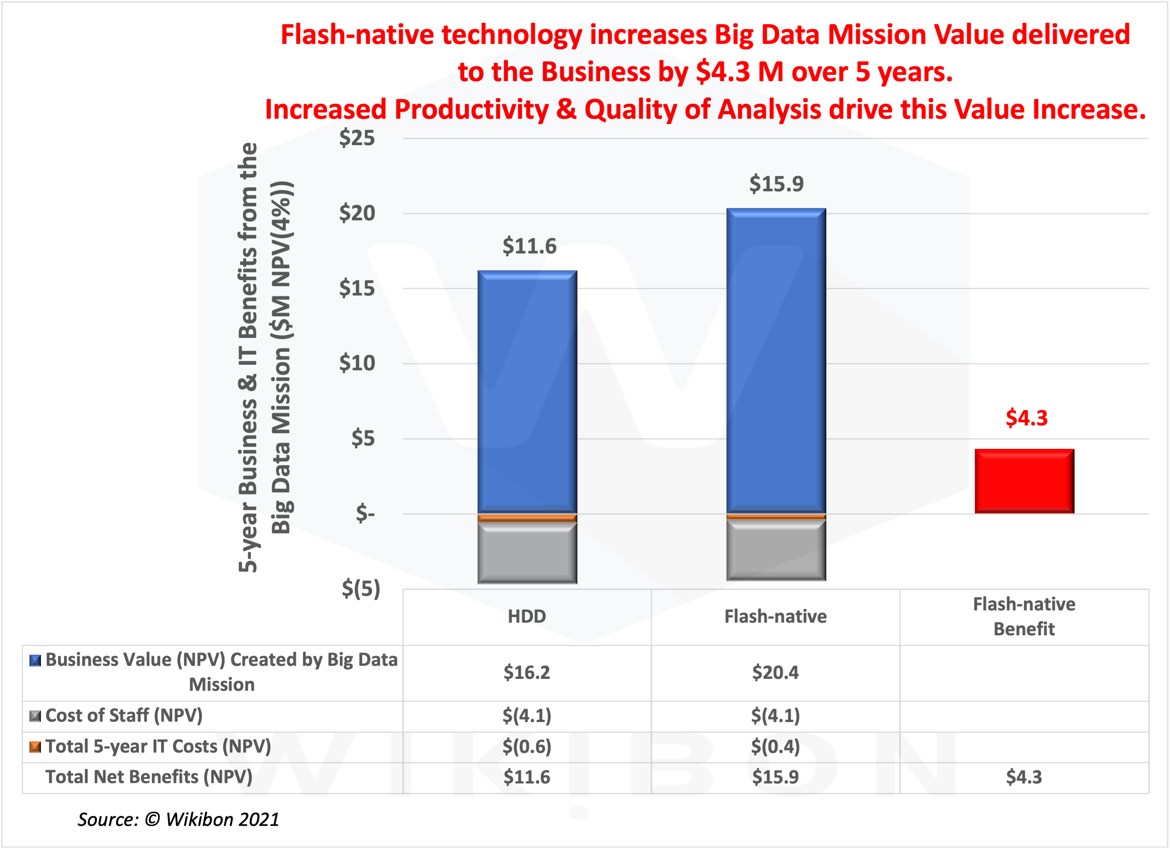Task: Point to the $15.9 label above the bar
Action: pos(776,184)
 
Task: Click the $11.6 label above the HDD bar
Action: pos(529,246)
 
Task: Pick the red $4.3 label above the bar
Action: pos(1026,418)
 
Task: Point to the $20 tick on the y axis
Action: pos(357,213)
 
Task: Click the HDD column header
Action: pos(527,616)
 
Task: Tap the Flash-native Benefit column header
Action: pos(1024,616)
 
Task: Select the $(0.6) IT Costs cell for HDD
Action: pos(527,746)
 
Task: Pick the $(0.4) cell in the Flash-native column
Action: pos(776,746)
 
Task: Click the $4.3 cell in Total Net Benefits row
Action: pos(1024,777)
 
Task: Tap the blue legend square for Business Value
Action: pos(35,661)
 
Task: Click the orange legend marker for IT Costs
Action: pos(35,747)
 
